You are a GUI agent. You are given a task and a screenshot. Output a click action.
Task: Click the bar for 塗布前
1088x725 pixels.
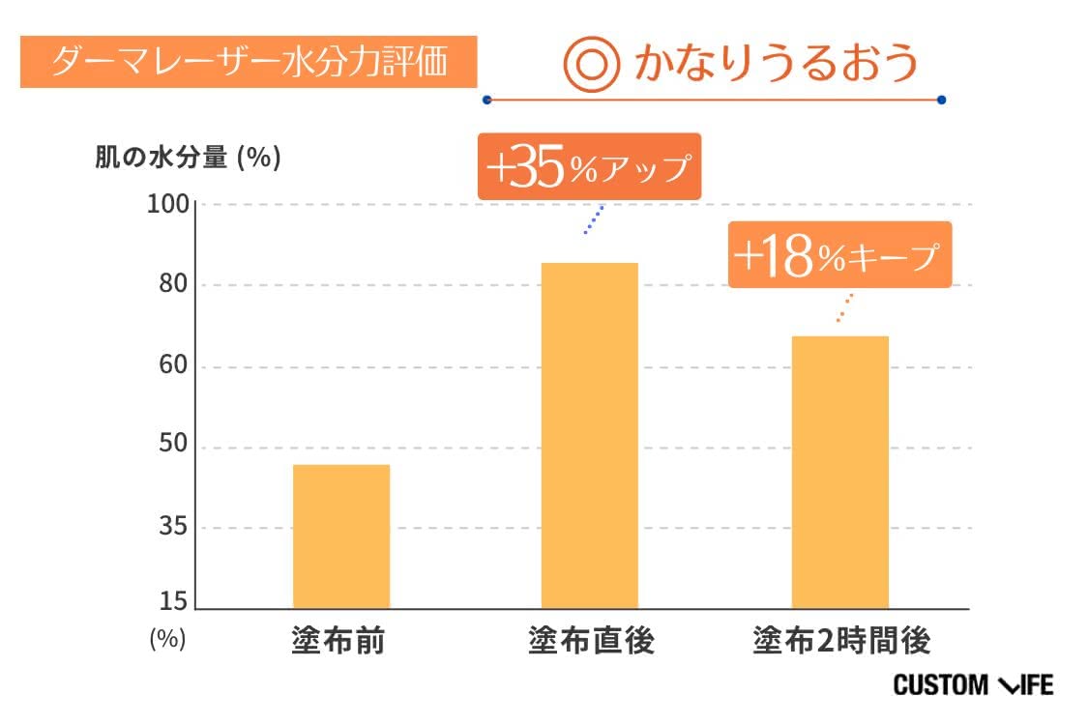tap(340, 536)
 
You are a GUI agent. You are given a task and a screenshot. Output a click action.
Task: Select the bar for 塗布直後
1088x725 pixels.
tap(589, 435)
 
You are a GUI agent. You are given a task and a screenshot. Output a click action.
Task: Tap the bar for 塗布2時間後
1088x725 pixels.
tap(839, 472)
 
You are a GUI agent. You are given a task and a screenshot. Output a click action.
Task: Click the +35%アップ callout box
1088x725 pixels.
tap(588, 167)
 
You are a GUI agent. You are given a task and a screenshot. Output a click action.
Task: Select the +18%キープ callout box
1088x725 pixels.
tap(838, 255)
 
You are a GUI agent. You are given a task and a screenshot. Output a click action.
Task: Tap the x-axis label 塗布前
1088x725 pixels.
tap(338, 641)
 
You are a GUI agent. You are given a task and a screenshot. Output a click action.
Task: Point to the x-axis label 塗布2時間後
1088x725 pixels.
tap(840, 641)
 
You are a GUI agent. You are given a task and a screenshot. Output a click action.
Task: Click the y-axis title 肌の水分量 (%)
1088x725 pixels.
tap(188, 159)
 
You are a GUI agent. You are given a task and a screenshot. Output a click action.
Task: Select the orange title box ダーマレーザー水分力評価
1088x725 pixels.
tap(249, 62)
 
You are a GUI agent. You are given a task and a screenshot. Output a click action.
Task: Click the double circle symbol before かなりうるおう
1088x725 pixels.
tap(590, 64)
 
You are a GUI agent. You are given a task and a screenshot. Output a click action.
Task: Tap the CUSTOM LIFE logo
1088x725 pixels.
tap(972, 685)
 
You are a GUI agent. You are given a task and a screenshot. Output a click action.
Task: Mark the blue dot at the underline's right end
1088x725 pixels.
tap(941, 100)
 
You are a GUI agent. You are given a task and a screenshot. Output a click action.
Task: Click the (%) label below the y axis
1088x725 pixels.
tap(166, 639)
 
